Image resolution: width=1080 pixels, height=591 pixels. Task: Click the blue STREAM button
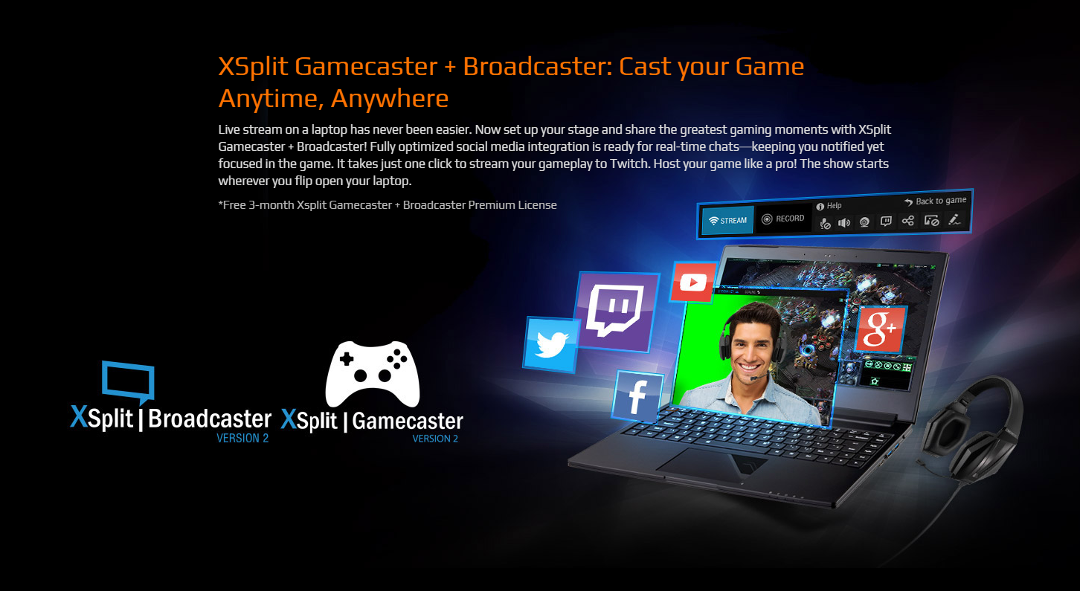coord(727,220)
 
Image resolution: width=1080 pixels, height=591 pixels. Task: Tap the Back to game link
coord(936,201)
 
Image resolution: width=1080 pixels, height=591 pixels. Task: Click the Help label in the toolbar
coord(829,206)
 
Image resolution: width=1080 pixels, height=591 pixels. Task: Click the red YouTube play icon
coord(692,282)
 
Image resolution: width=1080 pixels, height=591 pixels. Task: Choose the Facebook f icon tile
coord(637,395)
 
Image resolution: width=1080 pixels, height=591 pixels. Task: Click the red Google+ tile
coord(881,329)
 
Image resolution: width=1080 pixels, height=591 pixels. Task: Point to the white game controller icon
coord(373,374)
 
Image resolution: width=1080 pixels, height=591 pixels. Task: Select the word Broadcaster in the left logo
coord(210,419)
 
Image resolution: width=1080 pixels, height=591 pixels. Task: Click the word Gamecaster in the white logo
coord(408,421)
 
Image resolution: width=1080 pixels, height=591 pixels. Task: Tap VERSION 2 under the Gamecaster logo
coord(435,439)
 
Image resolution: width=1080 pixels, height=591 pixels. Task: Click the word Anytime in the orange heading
coord(271,99)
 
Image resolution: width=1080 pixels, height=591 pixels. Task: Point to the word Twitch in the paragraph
coord(629,164)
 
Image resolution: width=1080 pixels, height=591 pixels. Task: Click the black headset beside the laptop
coord(969,429)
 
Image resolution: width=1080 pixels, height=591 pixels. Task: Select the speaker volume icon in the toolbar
coord(844,223)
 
